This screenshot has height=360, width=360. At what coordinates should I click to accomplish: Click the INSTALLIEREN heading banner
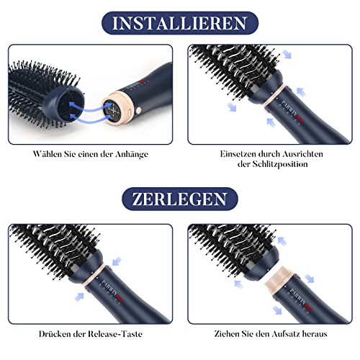(180, 23)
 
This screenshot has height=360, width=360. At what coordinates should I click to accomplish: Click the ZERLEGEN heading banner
(180, 199)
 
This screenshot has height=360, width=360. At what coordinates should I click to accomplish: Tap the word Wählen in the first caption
(47, 154)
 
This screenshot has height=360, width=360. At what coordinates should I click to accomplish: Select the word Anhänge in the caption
(132, 154)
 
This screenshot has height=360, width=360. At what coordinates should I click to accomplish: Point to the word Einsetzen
(238, 154)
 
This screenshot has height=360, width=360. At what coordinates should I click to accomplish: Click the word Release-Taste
(115, 334)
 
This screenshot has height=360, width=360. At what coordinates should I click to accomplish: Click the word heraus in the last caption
(315, 334)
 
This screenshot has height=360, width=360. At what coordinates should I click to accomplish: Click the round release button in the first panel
(138, 111)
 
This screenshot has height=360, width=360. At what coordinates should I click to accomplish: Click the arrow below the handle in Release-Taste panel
(79, 297)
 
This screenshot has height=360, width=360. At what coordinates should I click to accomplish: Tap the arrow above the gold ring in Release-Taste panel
(117, 261)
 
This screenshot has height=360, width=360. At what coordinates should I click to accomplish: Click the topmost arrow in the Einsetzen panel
(287, 54)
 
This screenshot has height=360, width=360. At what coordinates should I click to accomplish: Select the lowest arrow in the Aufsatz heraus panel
(278, 310)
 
